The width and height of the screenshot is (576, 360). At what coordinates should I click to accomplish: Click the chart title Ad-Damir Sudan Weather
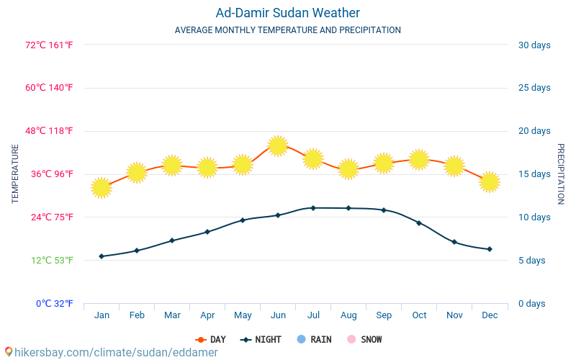tap(287, 13)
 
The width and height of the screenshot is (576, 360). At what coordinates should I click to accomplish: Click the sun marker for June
tap(278, 145)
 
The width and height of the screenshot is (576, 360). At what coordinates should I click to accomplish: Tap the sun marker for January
tap(102, 188)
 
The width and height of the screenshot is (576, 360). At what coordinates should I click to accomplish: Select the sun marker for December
tap(490, 181)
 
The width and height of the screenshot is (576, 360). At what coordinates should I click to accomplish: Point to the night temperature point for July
tap(313, 208)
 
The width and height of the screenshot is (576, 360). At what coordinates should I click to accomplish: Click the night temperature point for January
tap(102, 256)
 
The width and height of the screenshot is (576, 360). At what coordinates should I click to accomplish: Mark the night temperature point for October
tap(419, 223)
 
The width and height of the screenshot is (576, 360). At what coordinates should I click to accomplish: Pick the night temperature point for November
tap(454, 242)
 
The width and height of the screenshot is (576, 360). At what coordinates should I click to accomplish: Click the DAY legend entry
tap(210, 340)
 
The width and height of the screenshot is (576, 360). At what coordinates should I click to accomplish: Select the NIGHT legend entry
tap(261, 340)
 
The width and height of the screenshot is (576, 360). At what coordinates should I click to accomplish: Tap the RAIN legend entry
tap(314, 340)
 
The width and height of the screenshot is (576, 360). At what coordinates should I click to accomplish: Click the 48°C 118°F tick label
tap(50, 131)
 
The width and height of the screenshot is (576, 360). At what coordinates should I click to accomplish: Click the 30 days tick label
tap(534, 45)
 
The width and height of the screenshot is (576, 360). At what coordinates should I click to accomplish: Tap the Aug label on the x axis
tap(348, 315)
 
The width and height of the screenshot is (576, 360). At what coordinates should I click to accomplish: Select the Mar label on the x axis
tap(172, 315)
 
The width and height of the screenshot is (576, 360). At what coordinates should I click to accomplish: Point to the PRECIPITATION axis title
tap(561, 174)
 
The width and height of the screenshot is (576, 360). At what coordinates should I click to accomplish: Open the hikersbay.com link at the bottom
tap(112, 353)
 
